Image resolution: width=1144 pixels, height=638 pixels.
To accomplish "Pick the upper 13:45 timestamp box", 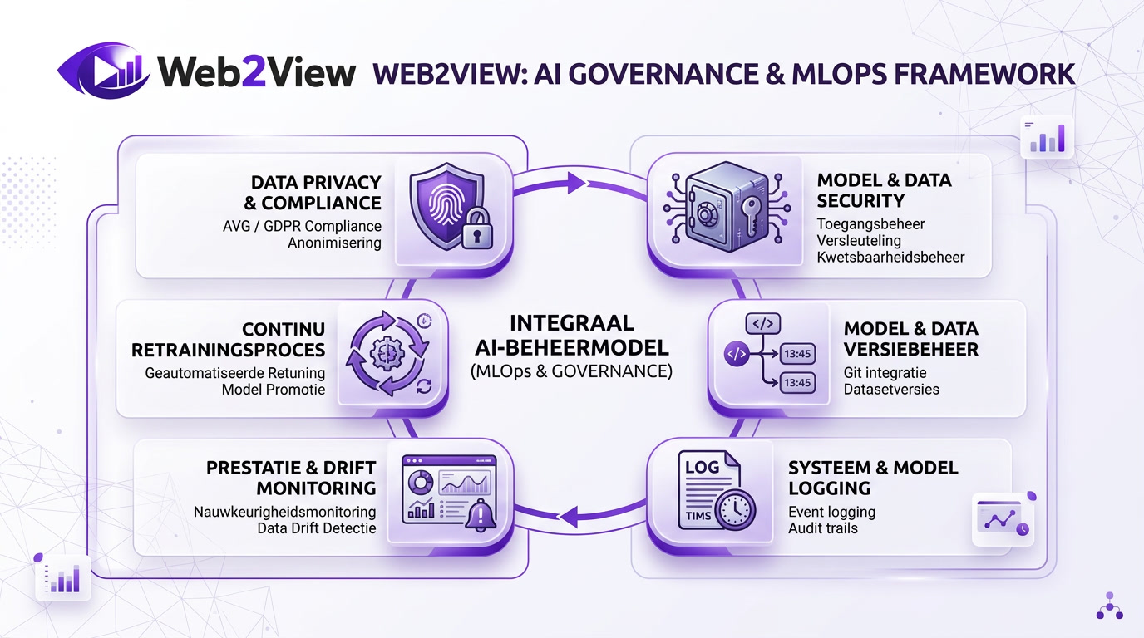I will pos(797,354).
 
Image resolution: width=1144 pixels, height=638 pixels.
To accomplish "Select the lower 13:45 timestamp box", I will pos(797,384).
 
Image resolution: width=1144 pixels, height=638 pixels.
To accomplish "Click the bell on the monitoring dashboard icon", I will pos(481,516).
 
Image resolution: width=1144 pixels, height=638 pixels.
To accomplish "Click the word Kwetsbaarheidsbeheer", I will pos(890,257).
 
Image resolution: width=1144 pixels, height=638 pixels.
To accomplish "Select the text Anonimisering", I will pos(334,243).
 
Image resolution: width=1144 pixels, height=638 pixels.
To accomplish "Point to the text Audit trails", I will pos(823,528).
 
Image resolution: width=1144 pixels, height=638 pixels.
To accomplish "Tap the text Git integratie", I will pos(885,372).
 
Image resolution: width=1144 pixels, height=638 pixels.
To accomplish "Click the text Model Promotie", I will pos(274,390).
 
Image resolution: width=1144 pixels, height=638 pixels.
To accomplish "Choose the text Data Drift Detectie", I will pos(316,528).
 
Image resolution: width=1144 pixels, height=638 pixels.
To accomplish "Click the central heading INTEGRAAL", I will pos(571,322).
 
